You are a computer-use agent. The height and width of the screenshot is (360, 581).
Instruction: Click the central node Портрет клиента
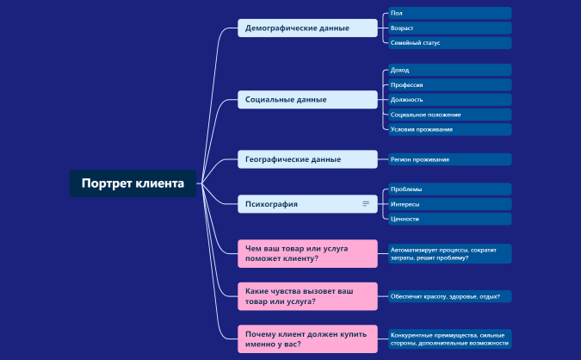tap(133, 183)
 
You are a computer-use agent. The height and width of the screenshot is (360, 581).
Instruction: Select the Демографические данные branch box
tap(307, 28)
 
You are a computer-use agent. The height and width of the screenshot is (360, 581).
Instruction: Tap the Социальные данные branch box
tap(307, 99)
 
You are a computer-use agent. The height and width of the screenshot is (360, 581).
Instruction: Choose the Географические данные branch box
tap(307, 159)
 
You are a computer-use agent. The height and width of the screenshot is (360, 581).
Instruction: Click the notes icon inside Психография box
tap(366, 204)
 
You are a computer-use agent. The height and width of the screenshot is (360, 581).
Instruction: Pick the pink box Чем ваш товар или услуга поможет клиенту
tap(307, 253)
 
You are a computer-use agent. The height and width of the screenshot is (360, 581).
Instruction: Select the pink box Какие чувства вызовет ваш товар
tap(307, 296)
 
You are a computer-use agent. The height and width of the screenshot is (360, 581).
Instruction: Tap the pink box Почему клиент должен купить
tap(307, 338)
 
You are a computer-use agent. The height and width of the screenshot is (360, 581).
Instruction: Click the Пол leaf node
tap(448, 13)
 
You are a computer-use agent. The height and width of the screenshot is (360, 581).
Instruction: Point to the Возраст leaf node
tap(448, 28)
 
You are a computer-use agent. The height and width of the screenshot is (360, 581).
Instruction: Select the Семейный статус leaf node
tap(448, 43)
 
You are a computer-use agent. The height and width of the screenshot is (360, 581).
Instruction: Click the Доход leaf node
tap(448, 70)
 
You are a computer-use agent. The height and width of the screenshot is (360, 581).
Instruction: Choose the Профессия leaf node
tap(448, 84)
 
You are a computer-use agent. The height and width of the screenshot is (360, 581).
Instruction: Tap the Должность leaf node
tap(448, 99)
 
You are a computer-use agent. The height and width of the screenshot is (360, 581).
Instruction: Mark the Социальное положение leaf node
tap(448, 115)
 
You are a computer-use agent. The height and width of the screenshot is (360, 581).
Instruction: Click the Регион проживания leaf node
tap(448, 159)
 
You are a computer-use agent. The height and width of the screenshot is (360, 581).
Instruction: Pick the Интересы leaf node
tap(448, 204)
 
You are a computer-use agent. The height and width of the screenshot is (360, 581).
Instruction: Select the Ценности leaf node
tap(448, 219)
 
